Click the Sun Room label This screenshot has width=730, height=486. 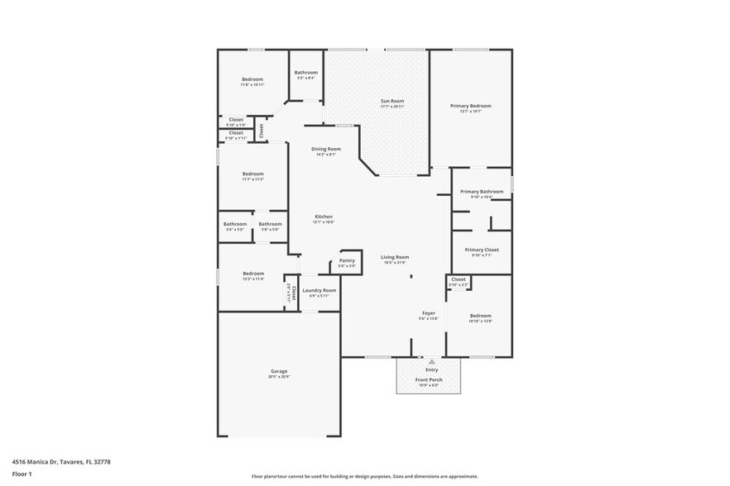tap(392, 101)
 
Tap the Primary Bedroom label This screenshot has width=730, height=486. tap(471, 106)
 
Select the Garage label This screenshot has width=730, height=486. tap(279, 371)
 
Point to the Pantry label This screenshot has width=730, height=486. tap(347, 260)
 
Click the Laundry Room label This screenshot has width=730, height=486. tap(319, 290)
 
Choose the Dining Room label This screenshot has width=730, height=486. tap(326, 149)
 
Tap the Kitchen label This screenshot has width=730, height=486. tap(323, 217)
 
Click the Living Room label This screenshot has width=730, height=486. tap(395, 257)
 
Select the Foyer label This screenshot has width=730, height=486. tap(429, 313)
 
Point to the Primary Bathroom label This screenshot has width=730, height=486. tap(482, 192)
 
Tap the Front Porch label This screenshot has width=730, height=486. tap(429, 379)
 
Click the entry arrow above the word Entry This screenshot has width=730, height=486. tap(431, 362)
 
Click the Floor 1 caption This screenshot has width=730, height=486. tap(22, 474)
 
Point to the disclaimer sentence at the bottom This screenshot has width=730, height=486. tap(365, 476)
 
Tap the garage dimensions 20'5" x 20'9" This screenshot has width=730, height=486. tap(279, 377)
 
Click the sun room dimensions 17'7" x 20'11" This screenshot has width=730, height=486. tap(392, 107)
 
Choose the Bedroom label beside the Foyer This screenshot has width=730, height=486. tap(481, 316)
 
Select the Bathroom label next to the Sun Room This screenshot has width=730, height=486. tap(306, 73)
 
